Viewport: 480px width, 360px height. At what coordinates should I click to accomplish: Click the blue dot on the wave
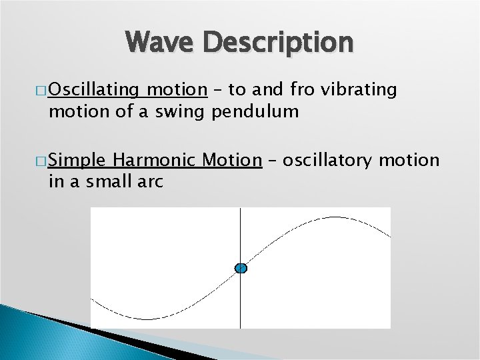coord(241,268)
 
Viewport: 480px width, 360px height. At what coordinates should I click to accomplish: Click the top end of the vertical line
coord(240,209)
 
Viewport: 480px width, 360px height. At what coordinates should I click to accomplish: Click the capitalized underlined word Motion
coord(233,160)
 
